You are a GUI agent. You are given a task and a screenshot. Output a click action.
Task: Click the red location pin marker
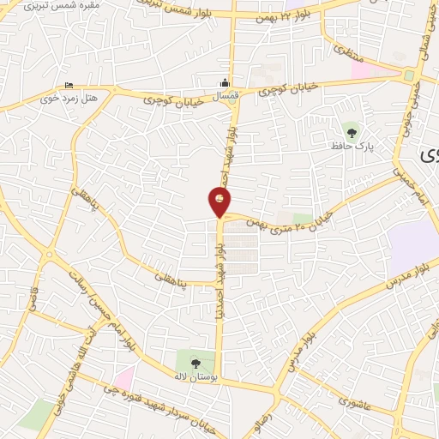pyautogui.click(x=219, y=201)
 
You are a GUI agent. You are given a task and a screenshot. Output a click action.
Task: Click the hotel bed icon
pyautogui.click(x=69, y=85)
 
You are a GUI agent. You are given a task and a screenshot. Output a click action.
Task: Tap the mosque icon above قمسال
pyautogui.click(x=226, y=83)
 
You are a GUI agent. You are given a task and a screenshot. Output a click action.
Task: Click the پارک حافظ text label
pyautogui.click(x=349, y=147)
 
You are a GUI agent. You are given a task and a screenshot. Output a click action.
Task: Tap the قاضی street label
pyautogui.click(x=38, y=300)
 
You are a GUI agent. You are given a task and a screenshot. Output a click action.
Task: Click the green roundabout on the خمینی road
pyautogui.click(x=409, y=75)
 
